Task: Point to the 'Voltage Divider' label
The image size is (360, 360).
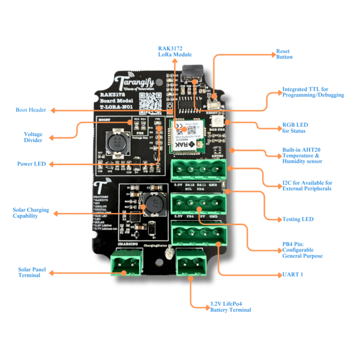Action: pyautogui.click(x=33, y=138)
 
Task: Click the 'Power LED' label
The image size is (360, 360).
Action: pyautogui.click(x=31, y=163)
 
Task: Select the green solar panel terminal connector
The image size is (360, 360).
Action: pyautogui.click(x=127, y=263)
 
